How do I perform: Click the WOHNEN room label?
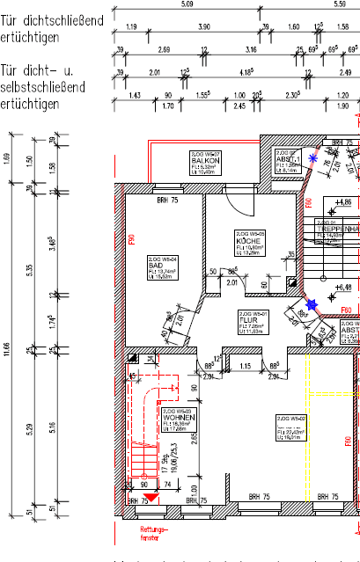pos(173,416)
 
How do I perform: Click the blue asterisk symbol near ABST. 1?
pos(314,158)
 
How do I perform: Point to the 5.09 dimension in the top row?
pos(186,5)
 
